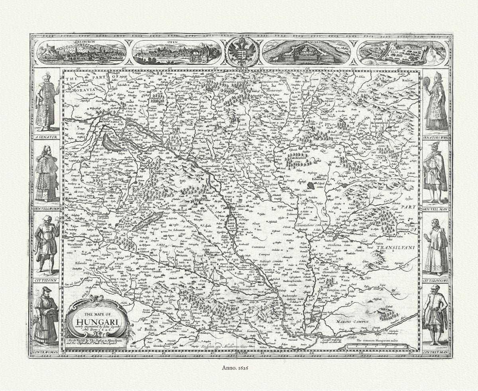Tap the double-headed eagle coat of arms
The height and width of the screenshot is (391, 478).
pyautogui.click(x=242, y=52)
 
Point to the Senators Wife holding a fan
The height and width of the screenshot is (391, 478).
pyautogui.click(x=435, y=101)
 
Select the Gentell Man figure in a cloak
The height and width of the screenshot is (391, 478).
pyautogui.click(x=434, y=173)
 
